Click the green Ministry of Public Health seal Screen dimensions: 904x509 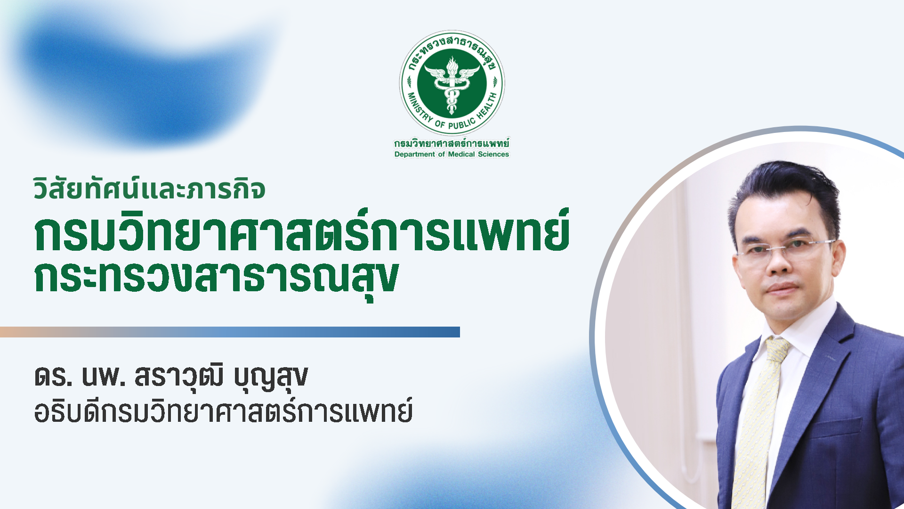[452, 83]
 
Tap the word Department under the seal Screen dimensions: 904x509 [415, 154]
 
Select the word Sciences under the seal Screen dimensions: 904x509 [493, 154]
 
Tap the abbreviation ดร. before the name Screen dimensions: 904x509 [54, 377]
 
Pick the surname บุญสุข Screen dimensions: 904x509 [271, 379]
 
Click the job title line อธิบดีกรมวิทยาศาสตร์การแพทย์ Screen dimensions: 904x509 [224, 410]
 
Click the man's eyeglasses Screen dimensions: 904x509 [785, 248]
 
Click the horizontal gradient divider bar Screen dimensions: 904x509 [230, 332]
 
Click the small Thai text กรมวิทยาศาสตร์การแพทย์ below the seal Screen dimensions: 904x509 [452, 143]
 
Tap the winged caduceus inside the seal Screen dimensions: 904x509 [452, 85]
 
